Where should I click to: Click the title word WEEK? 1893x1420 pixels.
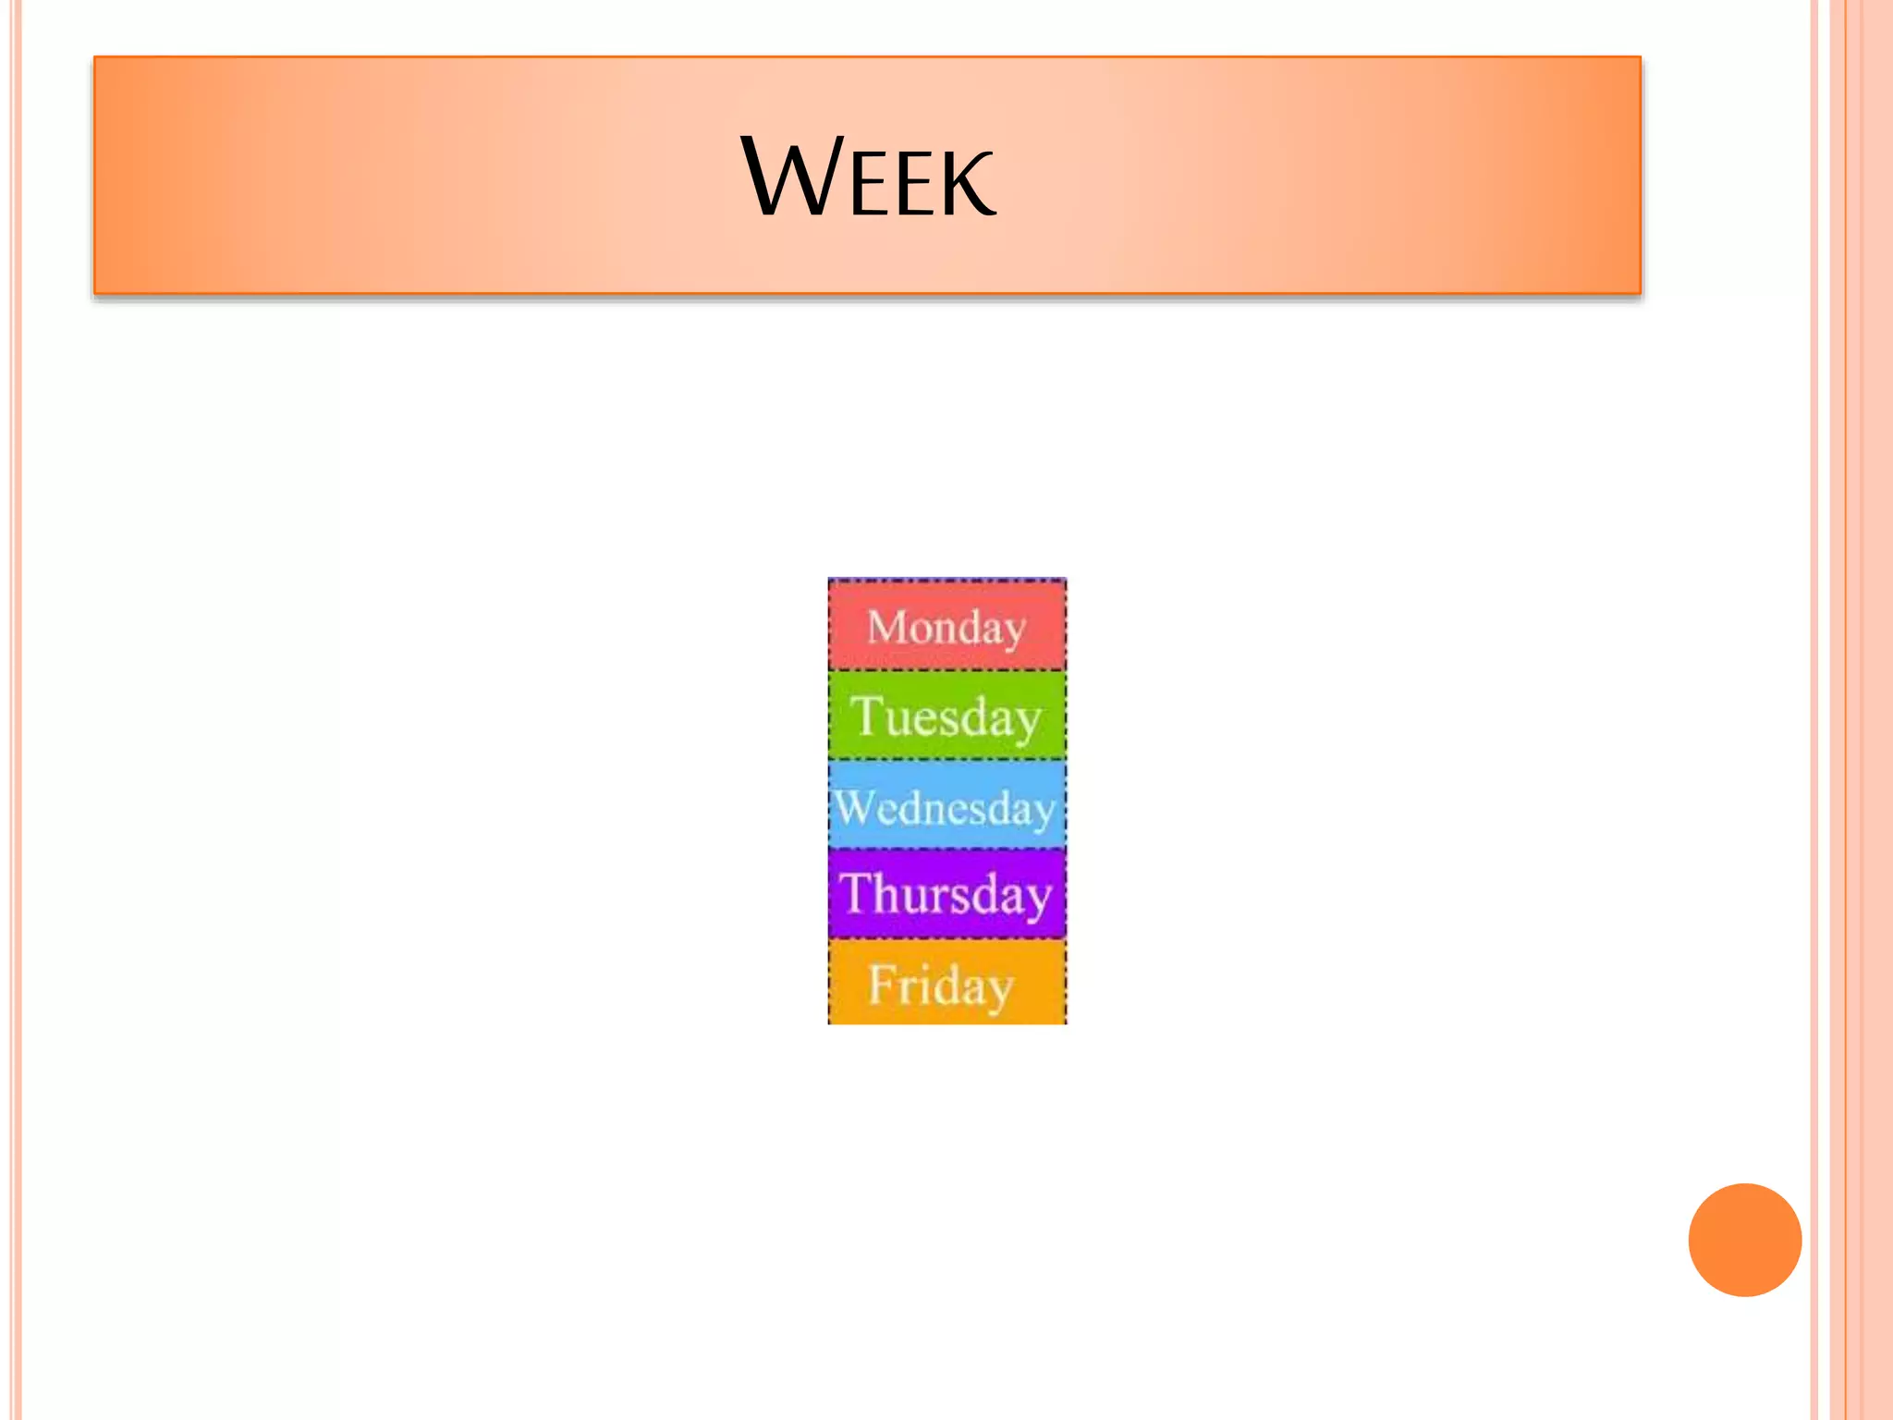(x=869, y=177)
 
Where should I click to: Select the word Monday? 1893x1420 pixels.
(x=946, y=628)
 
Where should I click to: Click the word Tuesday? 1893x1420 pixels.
(x=946, y=716)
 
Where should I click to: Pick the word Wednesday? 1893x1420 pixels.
(x=946, y=808)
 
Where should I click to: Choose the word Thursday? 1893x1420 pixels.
(x=946, y=895)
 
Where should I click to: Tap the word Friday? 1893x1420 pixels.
(x=941, y=985)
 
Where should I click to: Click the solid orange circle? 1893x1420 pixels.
(x=1744, y=1240)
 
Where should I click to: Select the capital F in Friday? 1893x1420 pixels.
(x=883, y=983)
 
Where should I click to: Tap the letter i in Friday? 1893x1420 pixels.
(x=925, y=983)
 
